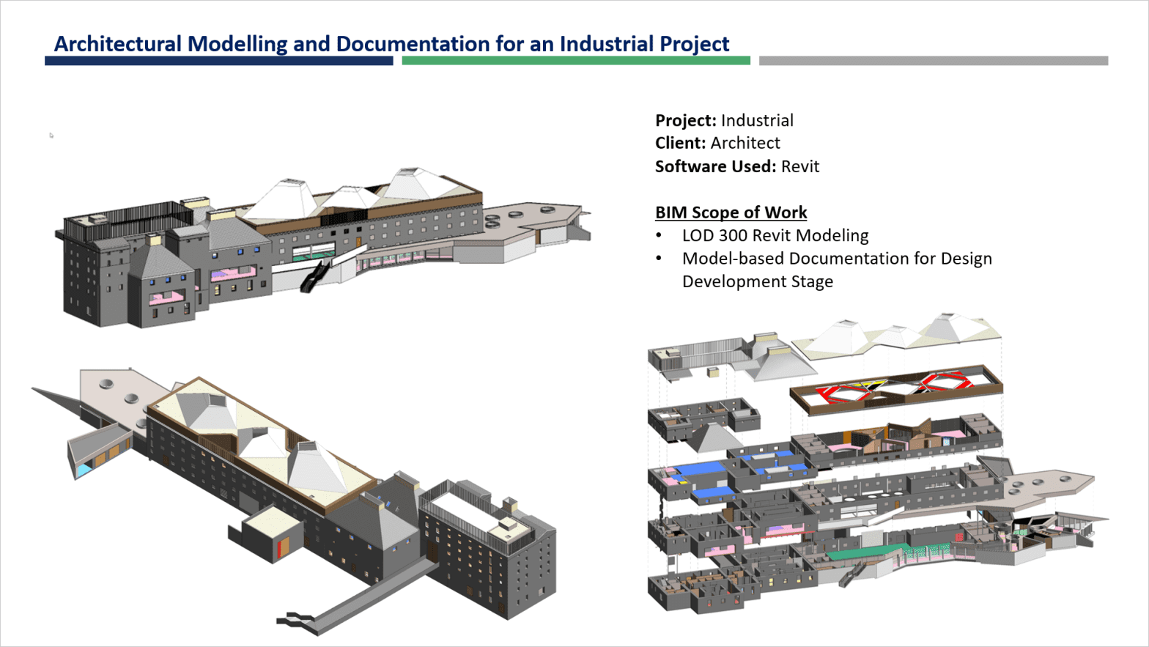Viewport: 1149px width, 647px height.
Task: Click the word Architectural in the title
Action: pyautogui.click(x=118, y=44)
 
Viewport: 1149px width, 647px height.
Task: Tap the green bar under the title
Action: pyautogui.click(x=576, y=61)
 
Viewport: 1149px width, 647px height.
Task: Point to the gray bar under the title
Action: pyautogui.click(x=934, y=61)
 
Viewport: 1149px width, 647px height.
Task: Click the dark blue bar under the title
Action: pyautogui.click(x=218, y=61)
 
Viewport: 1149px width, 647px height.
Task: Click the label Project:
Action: pyautogui.click(x=685, y=120)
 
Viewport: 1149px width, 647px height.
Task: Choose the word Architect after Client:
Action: pyautogui.click(x=745, y=143)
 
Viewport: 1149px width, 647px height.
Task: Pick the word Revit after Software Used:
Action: pyautogui.click(x=799, y=166)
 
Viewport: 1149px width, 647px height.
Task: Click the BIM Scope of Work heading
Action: pyautogui.click(x=731, y=212)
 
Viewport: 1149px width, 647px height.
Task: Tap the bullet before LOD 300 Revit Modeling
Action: pyautogui.click(x=659, y=236)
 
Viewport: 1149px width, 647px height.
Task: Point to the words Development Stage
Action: pyautogui.click(x=757, y=282)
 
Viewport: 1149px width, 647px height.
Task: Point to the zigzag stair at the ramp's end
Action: pyautogui.click(x=296, y=619)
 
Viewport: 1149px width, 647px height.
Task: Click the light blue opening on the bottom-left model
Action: pyautogui.click(x=85, y=467)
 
